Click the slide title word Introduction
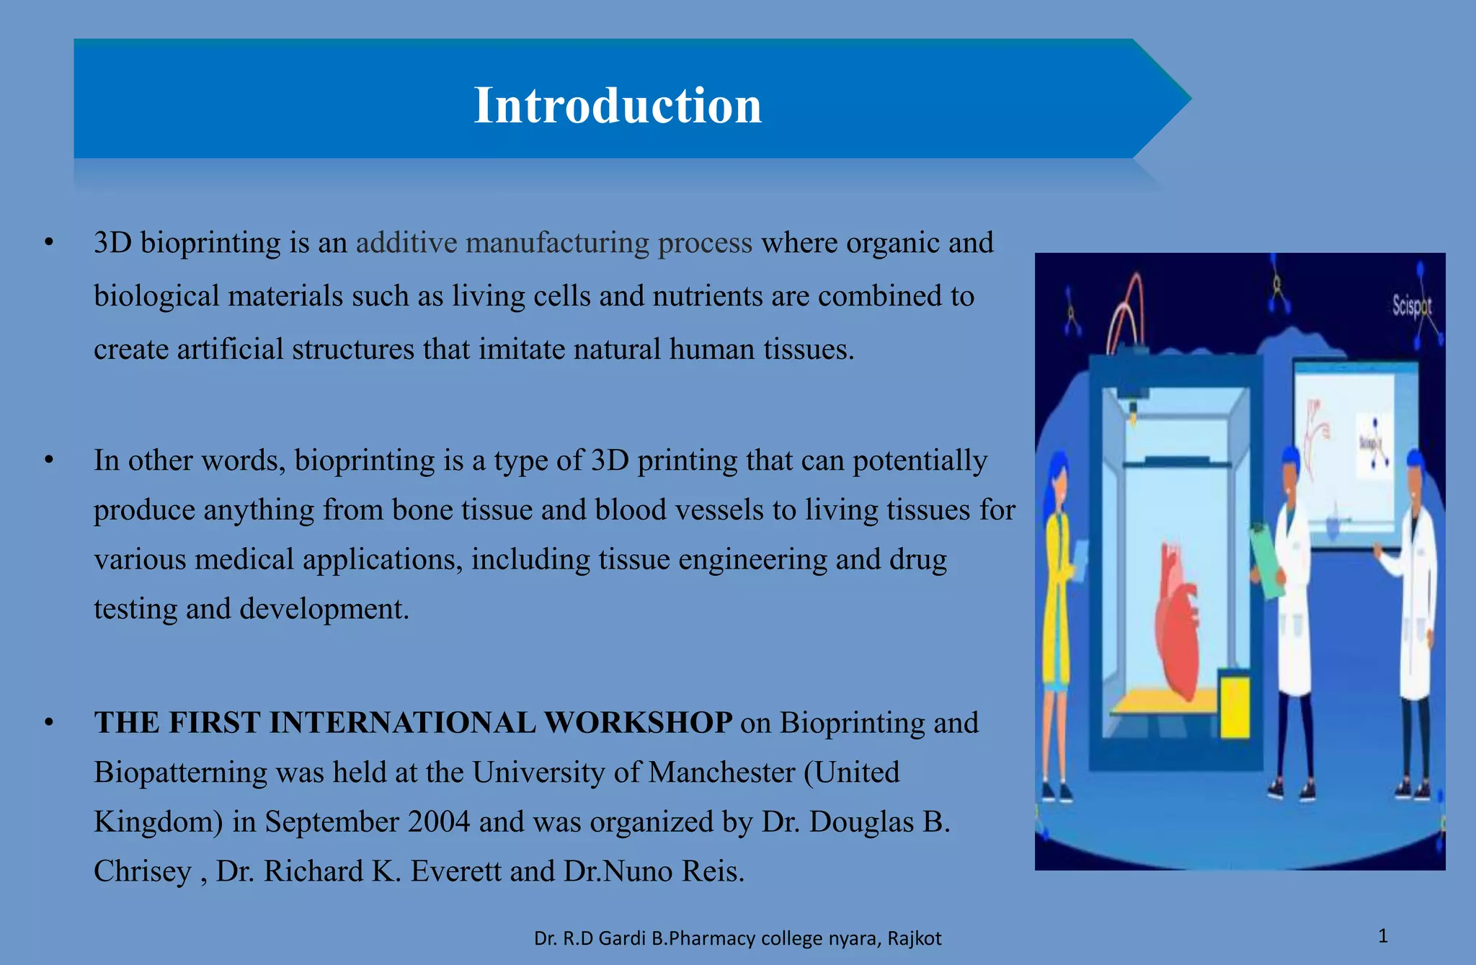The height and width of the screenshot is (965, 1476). [618, 105]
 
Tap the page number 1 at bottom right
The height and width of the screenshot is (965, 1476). [1382, 935]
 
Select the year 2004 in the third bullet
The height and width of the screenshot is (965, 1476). [438, 822]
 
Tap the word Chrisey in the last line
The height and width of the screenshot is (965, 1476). [142, 871]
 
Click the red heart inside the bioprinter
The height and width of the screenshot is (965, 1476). [1176, 620]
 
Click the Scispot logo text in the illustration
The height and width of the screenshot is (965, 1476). [1410, 306]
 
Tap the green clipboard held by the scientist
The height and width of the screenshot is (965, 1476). [1266, 561]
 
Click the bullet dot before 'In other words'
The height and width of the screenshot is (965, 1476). [49, 460]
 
